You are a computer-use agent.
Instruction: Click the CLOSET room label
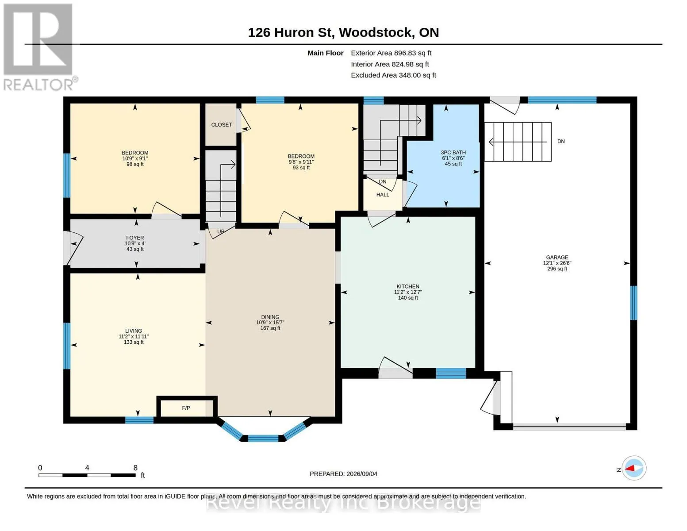221,125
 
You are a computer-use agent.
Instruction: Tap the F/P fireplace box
187,408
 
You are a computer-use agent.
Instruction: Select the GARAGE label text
557,258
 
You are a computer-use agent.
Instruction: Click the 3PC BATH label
453,152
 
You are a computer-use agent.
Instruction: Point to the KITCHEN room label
408,286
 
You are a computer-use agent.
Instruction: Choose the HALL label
383,195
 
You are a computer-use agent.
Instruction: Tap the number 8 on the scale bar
135,468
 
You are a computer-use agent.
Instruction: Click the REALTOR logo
39,47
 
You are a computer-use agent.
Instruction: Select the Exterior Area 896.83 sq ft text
391,53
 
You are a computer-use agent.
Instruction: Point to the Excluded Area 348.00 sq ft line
393,75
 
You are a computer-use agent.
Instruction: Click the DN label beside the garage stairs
561,141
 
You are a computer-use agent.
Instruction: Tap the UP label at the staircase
221,231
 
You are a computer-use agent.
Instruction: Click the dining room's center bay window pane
263,439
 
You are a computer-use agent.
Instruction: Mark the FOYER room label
135,238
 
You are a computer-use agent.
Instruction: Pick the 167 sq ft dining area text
270,328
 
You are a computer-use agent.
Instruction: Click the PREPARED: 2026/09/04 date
343,474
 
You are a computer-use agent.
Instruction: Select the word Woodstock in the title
376,32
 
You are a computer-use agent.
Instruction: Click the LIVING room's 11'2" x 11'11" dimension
134,336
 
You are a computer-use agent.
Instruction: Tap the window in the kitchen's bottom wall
451,373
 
